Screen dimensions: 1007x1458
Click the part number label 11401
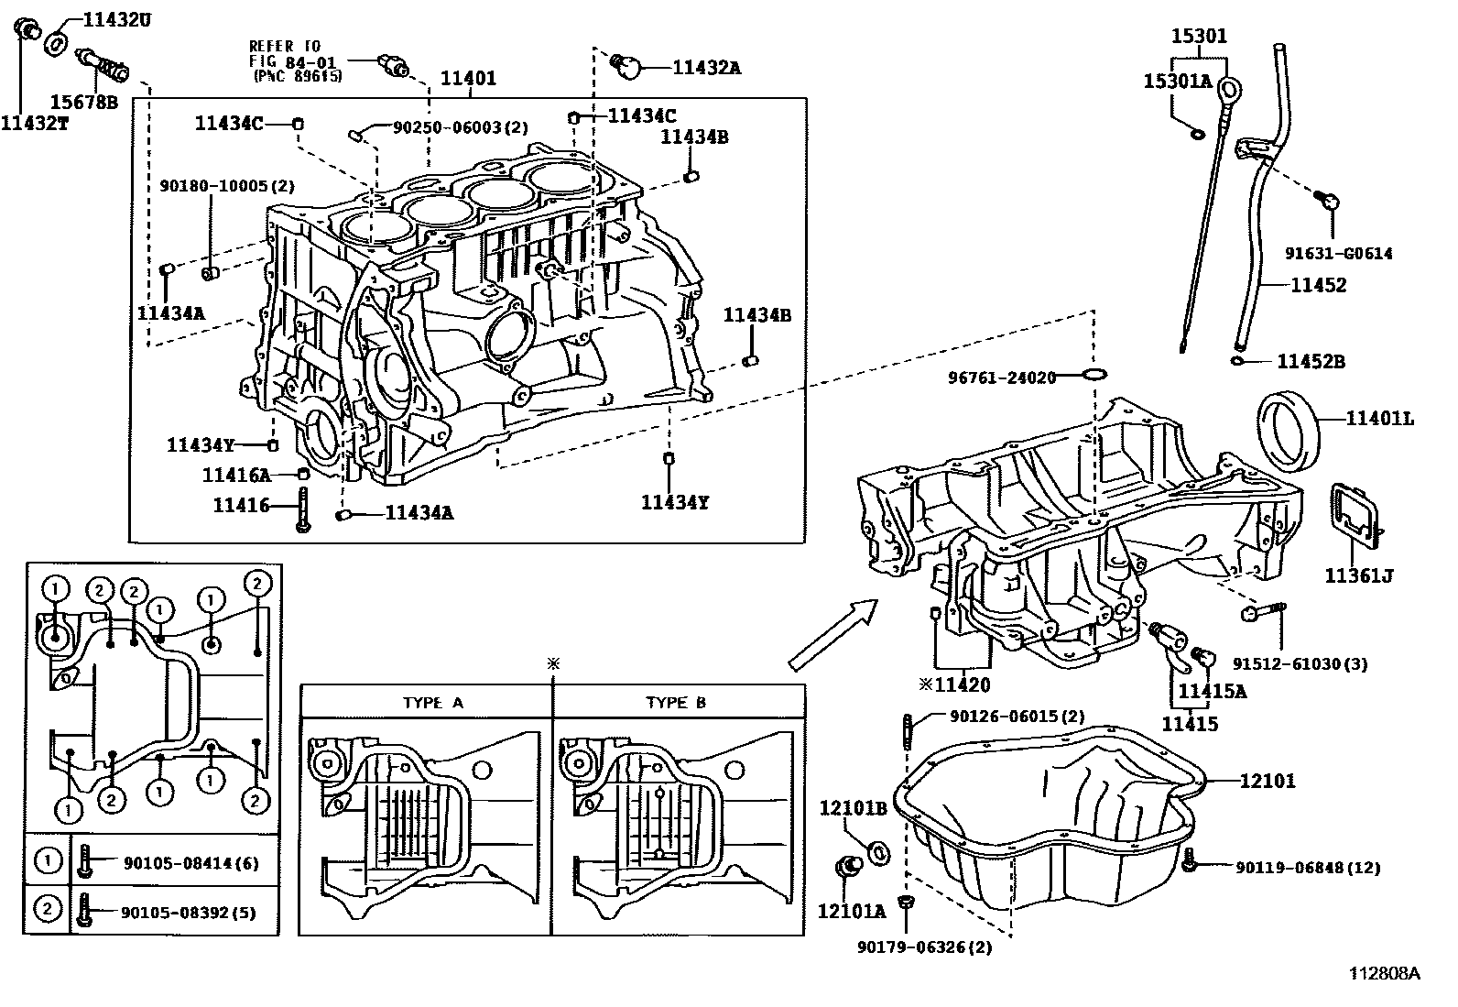click(x=468, y=79)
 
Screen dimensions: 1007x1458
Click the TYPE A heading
click(x=433, y=703)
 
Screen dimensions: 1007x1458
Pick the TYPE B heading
click(x=676, y=703)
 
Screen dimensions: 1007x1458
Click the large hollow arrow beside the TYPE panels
click(x=832, y=632)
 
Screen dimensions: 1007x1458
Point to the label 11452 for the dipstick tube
click(x=1319, y=285)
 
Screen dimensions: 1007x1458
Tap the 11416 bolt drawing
click(x=302, y=508)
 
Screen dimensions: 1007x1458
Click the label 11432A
click(x=706, y=66)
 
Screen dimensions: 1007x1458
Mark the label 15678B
click(x=83, y=102)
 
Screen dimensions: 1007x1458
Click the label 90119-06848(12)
click(x=1307, y=867)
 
